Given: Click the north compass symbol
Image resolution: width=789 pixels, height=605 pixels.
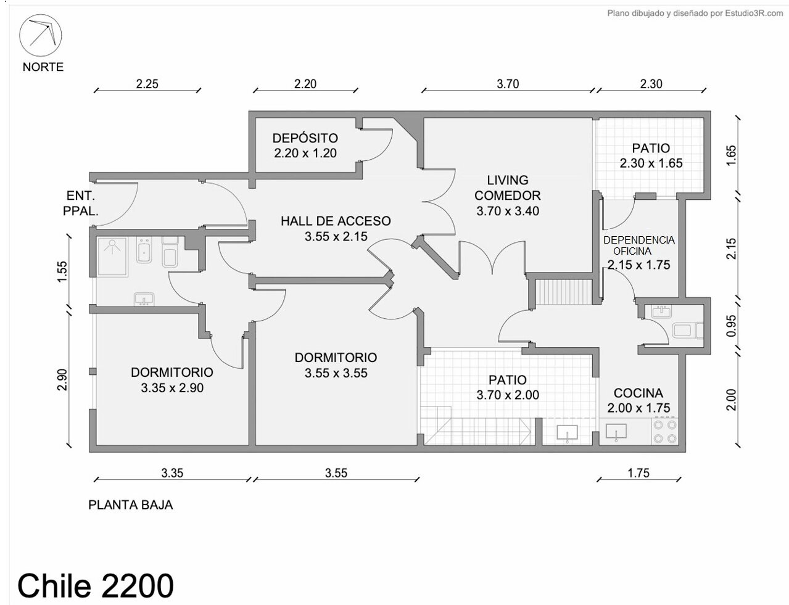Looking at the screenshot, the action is (40, 35).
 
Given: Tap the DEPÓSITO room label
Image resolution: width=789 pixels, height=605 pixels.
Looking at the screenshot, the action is (305, 138).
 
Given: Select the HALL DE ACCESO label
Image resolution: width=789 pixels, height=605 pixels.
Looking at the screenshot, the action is (336, 221).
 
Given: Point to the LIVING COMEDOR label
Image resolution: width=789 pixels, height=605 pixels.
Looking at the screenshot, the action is (507, 187).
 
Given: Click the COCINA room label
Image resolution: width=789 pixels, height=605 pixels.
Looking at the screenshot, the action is (638, 393).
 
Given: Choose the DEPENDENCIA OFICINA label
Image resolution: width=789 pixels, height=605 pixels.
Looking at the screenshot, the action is (638, 245).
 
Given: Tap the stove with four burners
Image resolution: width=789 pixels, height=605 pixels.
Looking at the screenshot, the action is (665, 432).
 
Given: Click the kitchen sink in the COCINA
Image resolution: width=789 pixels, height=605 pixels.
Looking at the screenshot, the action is (616, 432).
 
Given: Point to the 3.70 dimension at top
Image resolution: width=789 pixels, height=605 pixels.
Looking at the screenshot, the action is (508, 84).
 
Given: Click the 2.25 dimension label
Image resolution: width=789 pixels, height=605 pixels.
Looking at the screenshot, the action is (147, 84).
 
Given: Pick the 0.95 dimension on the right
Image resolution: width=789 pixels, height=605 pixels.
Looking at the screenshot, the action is (731, 326).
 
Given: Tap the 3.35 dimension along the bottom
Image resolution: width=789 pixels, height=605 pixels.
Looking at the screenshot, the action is (172, 473).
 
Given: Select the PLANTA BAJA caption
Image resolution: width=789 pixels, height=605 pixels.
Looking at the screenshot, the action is (130, 505).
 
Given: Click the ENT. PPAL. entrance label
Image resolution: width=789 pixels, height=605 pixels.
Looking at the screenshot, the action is (80, 204).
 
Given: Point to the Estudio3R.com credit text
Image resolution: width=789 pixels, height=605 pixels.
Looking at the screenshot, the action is (695, 14).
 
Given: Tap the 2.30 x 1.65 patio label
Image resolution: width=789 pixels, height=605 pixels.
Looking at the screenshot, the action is (651, 163).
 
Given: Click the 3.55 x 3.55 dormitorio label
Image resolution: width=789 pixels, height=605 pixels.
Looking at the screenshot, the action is (336, 372).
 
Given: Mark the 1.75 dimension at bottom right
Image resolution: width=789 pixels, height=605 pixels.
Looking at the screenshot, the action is (638, 473).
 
